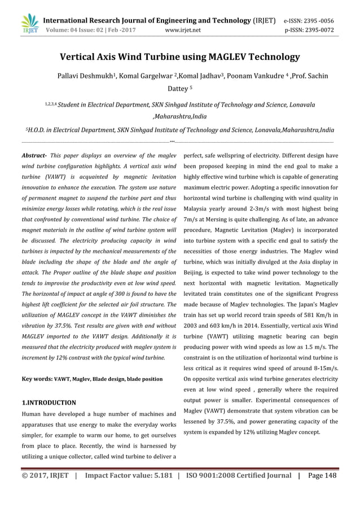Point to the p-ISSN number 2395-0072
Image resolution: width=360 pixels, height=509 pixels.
tap(317, 30)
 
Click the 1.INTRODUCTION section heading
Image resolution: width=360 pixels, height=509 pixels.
tap(49, 403)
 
